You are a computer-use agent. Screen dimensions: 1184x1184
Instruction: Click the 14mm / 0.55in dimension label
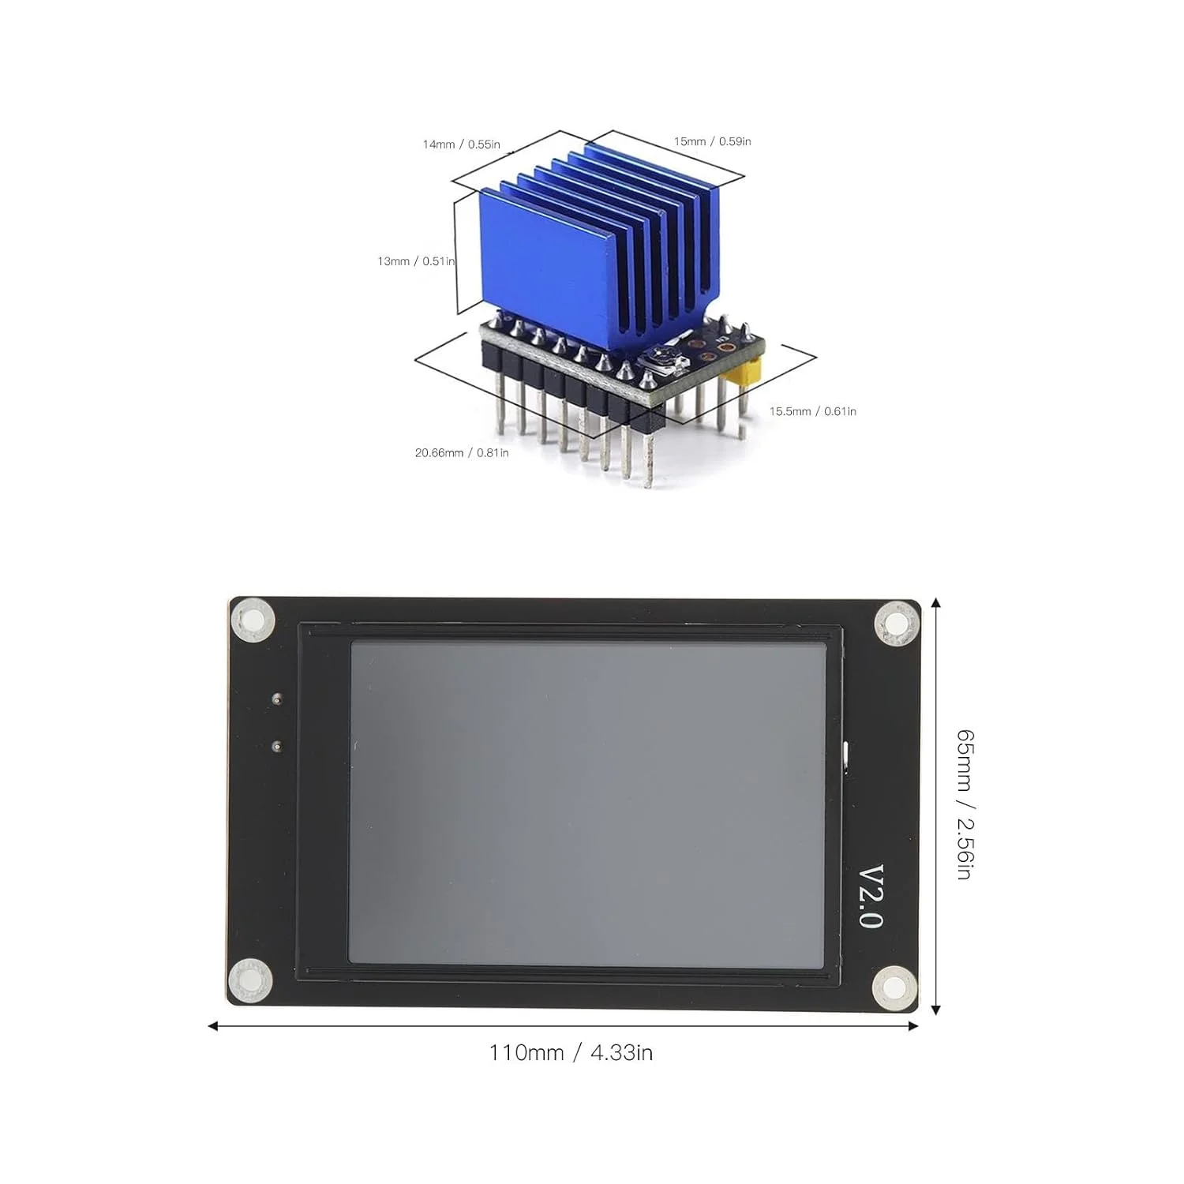(x=461, y=144)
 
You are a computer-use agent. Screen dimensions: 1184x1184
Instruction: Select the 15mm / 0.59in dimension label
(x=712, y=141)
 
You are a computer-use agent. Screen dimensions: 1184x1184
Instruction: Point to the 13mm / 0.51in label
(x=416, y=261)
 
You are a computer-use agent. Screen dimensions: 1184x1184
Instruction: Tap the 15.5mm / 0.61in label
(x=812, y=411)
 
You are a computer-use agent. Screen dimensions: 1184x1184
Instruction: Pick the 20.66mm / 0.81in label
(x=462, y=453)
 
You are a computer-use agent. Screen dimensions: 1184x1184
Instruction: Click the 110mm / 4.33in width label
(x=570, y=1053)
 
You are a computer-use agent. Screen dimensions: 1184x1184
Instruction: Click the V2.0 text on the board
(x=871, y=897)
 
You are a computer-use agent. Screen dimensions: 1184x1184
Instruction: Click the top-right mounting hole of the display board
(x=896, y=624)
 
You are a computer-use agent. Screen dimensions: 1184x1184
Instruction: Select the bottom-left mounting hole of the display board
(x=250, y=981)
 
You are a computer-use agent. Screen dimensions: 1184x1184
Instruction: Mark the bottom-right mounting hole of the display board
(x=894, y=987)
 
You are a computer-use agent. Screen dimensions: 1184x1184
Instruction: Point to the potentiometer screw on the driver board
(x=654, y=362)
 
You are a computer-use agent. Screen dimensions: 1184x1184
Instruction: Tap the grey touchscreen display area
(x=587, y=802)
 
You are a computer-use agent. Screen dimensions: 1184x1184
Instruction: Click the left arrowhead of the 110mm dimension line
(x=212, y=1026)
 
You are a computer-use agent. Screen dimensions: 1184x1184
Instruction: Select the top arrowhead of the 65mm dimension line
(x=935, y=603)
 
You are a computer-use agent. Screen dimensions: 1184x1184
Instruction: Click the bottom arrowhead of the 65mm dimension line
(x=935, y=1010)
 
